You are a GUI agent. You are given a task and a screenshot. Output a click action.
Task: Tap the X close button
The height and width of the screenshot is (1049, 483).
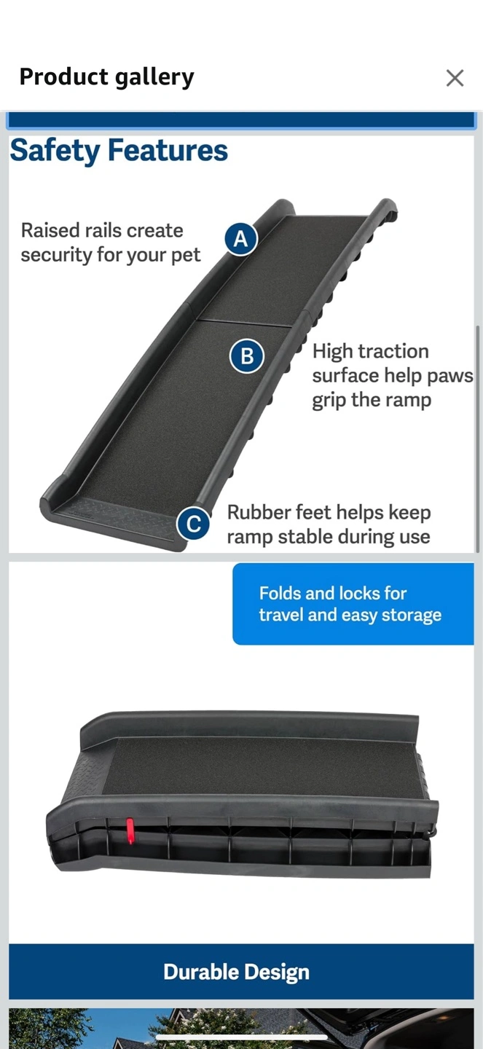(x=455, y=78)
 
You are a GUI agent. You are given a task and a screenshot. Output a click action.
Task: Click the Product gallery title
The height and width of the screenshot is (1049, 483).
(x=107, y=77)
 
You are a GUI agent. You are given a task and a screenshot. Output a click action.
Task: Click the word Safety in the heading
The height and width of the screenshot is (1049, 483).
(x=55, y=152)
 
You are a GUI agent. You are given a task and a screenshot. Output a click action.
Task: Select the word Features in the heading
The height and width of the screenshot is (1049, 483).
(x=168, y=150)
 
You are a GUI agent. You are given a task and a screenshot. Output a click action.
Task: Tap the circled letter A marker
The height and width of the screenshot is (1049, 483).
(x=240, y=239)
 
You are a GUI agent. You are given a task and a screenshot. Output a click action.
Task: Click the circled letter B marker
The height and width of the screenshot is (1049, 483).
(x=246, y=356)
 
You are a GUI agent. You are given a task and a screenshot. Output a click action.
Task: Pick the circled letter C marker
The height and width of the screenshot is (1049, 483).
(x=194, y=524)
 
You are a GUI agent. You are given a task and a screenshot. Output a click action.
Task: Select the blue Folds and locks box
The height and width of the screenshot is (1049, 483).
(x=353, y=604)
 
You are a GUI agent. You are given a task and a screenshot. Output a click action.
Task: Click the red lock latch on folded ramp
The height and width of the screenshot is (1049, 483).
(x=130, y=830)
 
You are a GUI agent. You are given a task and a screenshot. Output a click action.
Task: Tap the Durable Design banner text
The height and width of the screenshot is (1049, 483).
(x=237, y=973)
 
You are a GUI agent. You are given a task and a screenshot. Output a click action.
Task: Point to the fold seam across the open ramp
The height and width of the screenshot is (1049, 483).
(x=243, y=323)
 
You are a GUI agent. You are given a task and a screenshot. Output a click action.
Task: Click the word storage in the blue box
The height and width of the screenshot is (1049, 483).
(x=412, y=615)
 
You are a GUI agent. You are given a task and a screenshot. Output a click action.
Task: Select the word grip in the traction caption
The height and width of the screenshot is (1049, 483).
(x=329, y=401)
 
